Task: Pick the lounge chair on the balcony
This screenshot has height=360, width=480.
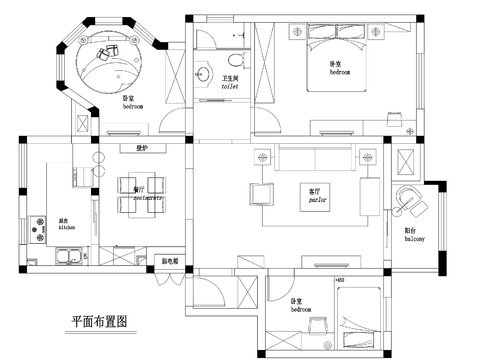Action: pos(408,200)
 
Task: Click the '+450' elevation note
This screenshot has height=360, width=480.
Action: pos(339,281)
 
